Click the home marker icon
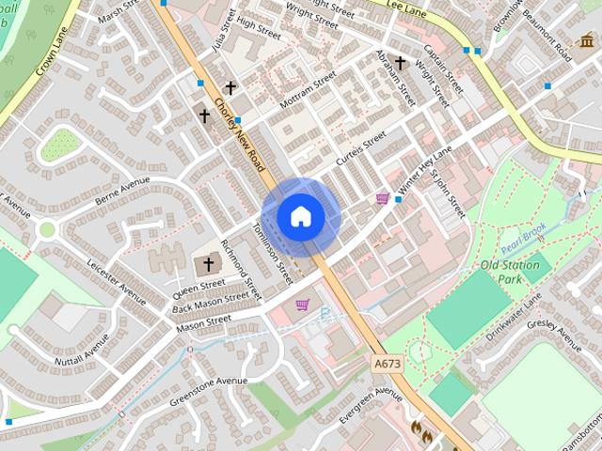tap(300, 217)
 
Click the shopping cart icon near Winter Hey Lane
tap(383, 198)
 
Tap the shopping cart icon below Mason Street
tap(303, 304)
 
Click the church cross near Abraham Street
tap(400, 63)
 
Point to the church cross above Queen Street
tap(209, 266)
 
